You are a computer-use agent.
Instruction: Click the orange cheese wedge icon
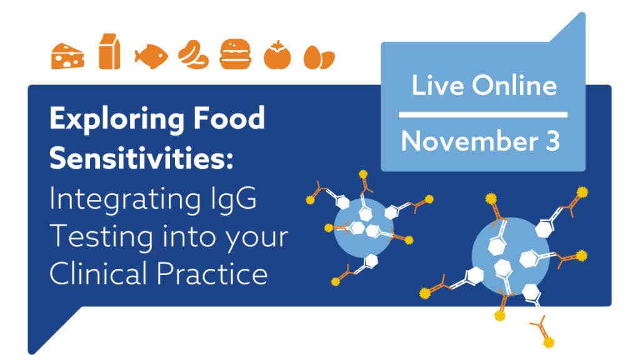[x=67, y=56]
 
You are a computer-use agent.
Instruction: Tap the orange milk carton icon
[x=109, y=51]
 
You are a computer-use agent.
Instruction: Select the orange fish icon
[x=151, y=56]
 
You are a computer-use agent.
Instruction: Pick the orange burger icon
[x=235, y=54]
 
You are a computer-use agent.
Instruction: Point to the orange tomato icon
[x=277, y=55]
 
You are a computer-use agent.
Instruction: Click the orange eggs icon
[x=319, y=57]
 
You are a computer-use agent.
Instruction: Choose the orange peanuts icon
[x=194, y=54]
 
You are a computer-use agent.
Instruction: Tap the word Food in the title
[x=229, y=117]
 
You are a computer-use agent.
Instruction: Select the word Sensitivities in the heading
[x=141, y=157]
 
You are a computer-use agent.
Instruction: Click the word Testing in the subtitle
[x=101, y=237]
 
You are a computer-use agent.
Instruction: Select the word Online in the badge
[x=514, y=85]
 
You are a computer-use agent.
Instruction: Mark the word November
[x=469, y=141]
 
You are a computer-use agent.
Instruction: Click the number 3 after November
[x=552, y=141]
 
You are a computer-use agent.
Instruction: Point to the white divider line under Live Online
[x=483, y=115]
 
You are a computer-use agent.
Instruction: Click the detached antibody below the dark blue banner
[x=543, y=331]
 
